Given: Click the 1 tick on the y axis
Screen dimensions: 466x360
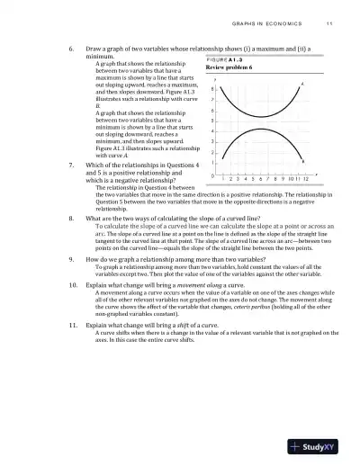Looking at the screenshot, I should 211,163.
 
